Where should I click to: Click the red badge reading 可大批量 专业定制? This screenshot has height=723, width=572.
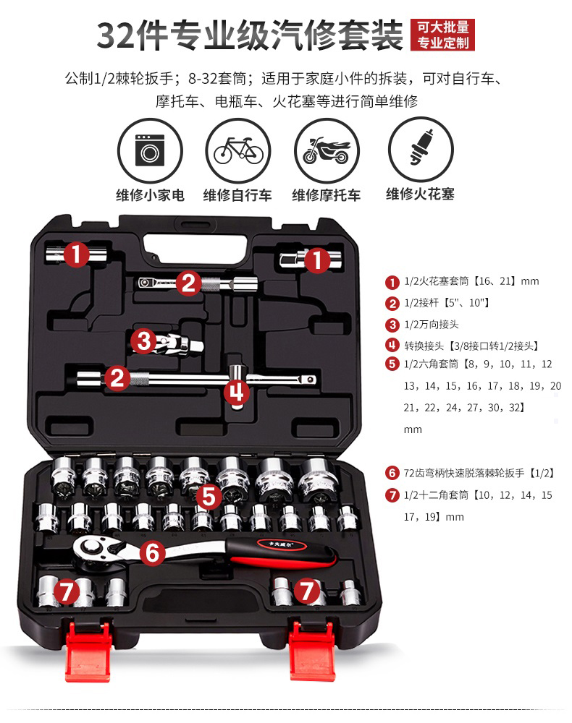pyautogui.click(x=442, y=35)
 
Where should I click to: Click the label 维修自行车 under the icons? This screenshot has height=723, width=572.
pyautogui.click(x=237, y=195)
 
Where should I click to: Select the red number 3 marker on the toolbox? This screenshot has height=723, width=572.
pyautogui.click(x=146, y=340)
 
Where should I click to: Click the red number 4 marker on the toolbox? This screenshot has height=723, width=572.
pyautogui.click(x=237, y=392)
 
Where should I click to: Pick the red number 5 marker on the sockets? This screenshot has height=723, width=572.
pyautogui.click(x=209, y=496)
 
